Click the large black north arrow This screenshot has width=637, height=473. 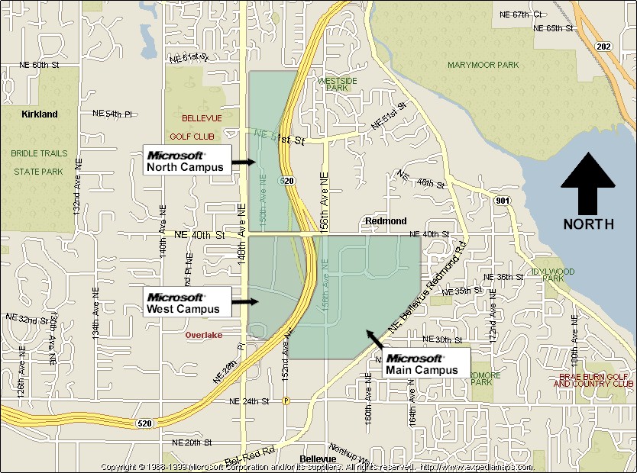pos(587,184)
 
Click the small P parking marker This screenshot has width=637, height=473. pos(286,401)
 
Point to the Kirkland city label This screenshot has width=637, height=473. pos(40,114)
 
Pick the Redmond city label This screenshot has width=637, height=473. pos(386,221)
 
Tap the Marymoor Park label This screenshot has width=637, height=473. pos(483,66)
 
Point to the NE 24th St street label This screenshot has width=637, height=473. pos(250,401)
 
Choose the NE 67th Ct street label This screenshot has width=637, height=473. pos(520,14)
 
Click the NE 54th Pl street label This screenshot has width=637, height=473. pos(112,114)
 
